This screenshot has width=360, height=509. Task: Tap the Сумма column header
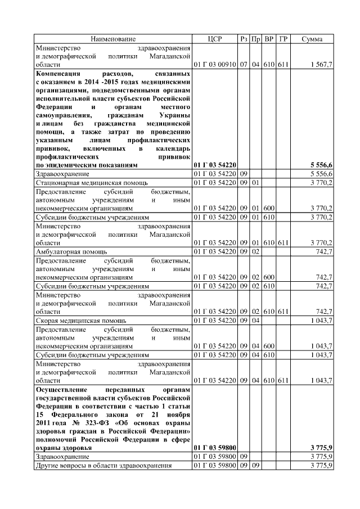pyautogui.click(x=312, y=39)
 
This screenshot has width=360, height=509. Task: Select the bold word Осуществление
pyautogui.click(x=63, y=389)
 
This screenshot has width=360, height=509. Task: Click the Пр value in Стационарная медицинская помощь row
pyautogui.click(x=255, y=183)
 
